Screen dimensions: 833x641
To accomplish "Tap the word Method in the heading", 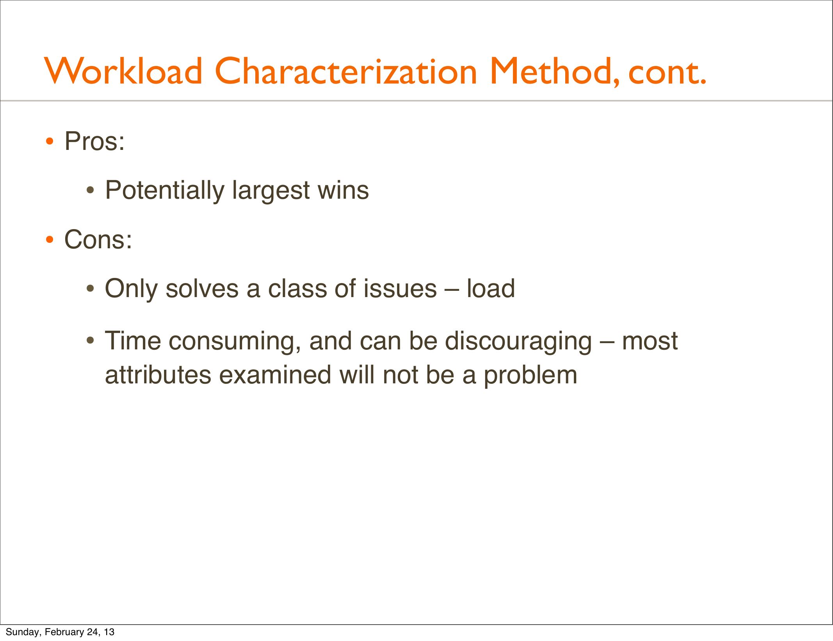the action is pyautogui.click(x=554, y=72).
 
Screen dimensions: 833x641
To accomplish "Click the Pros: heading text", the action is pyautogui.click(x=94, y=141).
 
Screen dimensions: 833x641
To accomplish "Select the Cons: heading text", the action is pyautogui.click(x=98, y=239).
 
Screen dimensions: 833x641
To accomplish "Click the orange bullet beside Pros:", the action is pyautogui.click(x=49, y=141).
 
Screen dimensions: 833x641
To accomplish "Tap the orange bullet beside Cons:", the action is pyautogui.click(x=49, y=239).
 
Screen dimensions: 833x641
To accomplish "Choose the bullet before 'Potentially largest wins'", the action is pyautogui.click(x=91, y=191).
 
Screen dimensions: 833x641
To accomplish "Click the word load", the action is pyautogui.click(x=491, y=288).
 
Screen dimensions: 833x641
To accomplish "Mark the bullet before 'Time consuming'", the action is pyautogui.click(x=91, y=341).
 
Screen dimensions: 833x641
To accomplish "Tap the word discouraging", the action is pyautogui.click(x=518, y=342).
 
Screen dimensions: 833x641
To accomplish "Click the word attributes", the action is pyautogui.click(x=158, y=375).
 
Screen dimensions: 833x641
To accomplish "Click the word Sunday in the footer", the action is pyautogui.click(x=22, y=632).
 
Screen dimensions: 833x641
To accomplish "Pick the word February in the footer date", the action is pyautogui.click(x=64, y=632).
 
